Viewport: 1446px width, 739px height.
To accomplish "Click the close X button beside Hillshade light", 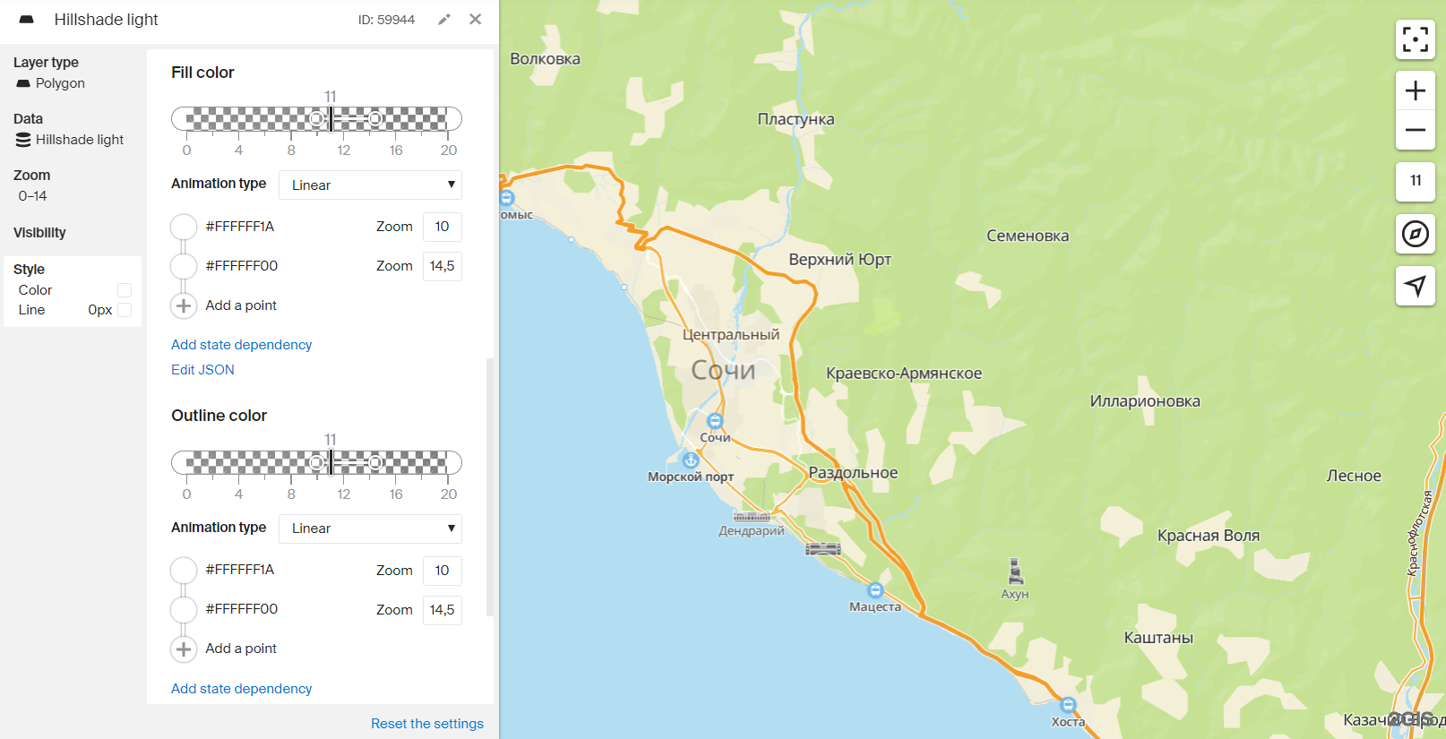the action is click(x=475, y=19).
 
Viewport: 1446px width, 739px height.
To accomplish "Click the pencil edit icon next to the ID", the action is click(x=444, y=19).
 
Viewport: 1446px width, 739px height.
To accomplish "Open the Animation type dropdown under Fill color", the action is click(x=370, y=185).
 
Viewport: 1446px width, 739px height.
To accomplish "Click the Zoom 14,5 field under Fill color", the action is click(x=442, y=266).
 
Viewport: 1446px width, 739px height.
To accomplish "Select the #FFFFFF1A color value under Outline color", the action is click(x=239, y=570).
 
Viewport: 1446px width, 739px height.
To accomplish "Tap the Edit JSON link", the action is click(x=202, y=369).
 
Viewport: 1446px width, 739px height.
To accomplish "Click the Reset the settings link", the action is click(x=426, y=723).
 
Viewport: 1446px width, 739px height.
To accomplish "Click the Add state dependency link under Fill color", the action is click(x=241, y=345).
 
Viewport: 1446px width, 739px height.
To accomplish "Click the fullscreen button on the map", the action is click(x=1415, y=39).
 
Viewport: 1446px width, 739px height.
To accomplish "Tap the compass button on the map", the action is click(x=1415, y=235).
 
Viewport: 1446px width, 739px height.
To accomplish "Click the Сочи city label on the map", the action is click(x=723, y=370).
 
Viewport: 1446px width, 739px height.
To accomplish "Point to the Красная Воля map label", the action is click(x=1208, y=536).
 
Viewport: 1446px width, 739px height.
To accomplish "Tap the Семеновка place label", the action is click(x=1028, y=236).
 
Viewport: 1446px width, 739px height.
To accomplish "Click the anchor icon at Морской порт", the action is click(x=690, y=460).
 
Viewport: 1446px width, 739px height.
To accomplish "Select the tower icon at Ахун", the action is click(x=1015, y=571).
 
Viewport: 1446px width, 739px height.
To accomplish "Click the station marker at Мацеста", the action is click(x=875, y=590).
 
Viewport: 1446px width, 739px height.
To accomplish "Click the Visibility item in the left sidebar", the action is click(x=39, y=233).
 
